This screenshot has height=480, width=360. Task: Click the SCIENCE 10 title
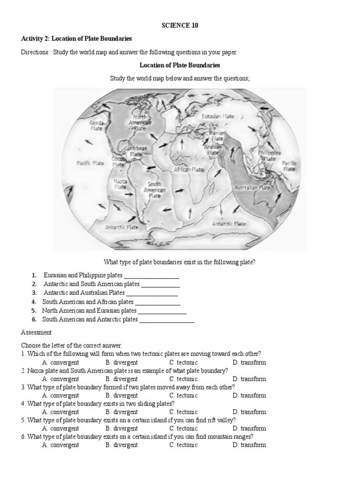(180, 26)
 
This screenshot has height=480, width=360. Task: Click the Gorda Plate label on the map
(97, 125)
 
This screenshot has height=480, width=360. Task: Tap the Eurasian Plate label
(217, 116)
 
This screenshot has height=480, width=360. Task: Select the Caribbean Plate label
(136, 151)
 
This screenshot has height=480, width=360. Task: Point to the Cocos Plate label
(118, 162)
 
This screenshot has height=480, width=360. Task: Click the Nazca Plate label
(120, 183)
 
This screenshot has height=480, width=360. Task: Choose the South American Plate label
(155, 190)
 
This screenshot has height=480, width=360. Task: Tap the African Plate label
(189, 170)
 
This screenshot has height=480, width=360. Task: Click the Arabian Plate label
(213, 150)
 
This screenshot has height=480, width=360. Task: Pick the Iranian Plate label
(217, 136)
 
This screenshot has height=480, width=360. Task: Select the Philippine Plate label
(269, 156)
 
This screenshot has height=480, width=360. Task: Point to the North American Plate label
(140, 122)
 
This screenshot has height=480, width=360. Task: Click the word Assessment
(36, 332)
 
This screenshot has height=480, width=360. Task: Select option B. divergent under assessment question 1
(121, 362)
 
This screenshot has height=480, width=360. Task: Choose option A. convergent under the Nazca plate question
(60, 379)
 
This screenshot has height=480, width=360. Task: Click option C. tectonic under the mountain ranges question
(183, 445)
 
